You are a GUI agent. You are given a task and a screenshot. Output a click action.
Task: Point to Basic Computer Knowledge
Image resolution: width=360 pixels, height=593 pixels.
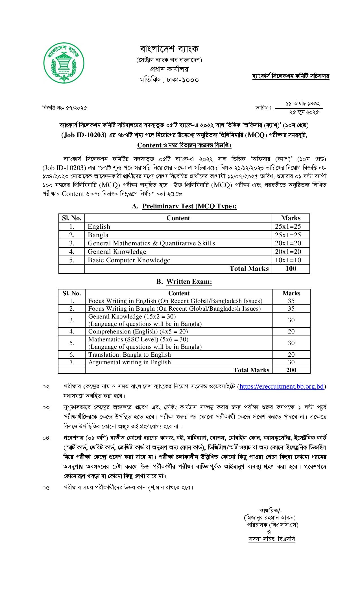pyautogui.click(x=129, y=260)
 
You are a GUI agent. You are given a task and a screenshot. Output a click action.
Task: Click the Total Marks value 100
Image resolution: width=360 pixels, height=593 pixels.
pyautogui.click(x=291, y=269)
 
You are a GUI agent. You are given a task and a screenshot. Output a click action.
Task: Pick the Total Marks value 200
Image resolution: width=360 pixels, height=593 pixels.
pyautogui.click(x=291, y=370)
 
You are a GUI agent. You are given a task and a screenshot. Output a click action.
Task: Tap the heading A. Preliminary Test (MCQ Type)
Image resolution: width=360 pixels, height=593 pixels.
pyautogui.click(x=184, y=206)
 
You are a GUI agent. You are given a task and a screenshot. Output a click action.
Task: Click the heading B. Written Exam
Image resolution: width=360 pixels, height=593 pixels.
pyautogui.click(x=184, y=282)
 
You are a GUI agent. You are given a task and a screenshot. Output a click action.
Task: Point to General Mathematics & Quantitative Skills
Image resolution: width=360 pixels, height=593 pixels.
pyautogui.click(x=151, y=243)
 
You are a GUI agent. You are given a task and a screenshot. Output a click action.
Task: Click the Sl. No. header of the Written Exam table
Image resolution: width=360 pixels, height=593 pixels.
pyautogui.click(x=72, y=293)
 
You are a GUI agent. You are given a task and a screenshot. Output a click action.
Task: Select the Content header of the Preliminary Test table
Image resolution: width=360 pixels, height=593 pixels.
pyautogui.click(x=178, y=218)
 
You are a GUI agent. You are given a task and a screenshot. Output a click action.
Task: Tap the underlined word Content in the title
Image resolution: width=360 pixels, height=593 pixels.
pyautogui.click(x=149, y=145)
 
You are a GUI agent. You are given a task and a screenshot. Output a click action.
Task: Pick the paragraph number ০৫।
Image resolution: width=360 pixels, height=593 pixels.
pyautogui.click(x=47, y=487)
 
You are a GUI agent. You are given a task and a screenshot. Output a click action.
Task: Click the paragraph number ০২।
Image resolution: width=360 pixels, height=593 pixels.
pyautogui.click(x=47, y=387)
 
